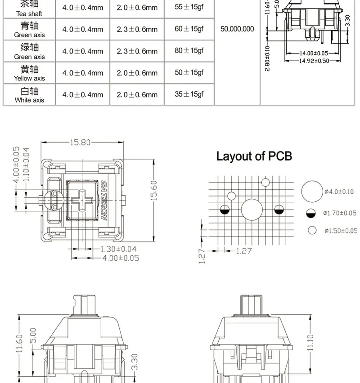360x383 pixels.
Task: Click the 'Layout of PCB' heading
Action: coord(254,156)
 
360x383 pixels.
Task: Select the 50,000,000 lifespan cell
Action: coord(237,29)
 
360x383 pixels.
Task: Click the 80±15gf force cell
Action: coord(189,51)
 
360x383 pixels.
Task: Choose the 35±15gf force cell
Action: coord(189,94)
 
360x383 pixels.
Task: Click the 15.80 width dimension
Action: coord(80,143)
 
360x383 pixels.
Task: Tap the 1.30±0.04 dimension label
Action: coord(118,249)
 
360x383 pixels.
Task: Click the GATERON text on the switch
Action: coord(103,200)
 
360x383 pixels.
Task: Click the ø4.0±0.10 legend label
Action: coord(339,192)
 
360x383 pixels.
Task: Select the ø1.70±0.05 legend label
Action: coord(340,213)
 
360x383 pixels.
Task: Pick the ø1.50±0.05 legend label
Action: coord(340,231)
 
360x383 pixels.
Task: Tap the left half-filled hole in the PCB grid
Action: coord(225,210)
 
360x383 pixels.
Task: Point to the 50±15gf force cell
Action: coord(189,72)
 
